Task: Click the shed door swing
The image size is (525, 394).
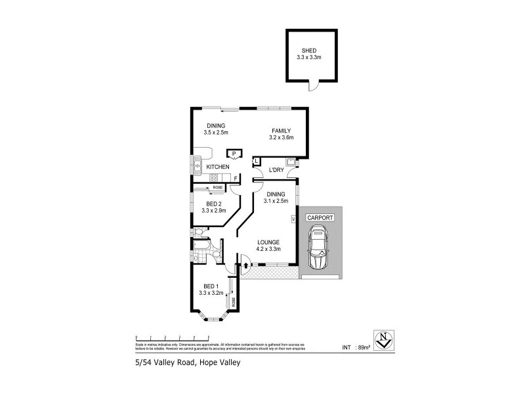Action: (x=313, y=85)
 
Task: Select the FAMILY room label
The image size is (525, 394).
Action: (x=280, y=131)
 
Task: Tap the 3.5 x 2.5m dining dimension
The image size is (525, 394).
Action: (x=216, y=133)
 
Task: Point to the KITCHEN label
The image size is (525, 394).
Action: (x=218, y=167)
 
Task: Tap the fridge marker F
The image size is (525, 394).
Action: (x=235, y=177)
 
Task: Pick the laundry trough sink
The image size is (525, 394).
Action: (x=289, y=162)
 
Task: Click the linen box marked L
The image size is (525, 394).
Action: (x=257, y=161)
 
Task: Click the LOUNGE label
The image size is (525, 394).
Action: (x=269, y=242)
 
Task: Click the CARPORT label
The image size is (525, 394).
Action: (x=319, y=217)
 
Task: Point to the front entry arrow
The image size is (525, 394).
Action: (x=245, y=267)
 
